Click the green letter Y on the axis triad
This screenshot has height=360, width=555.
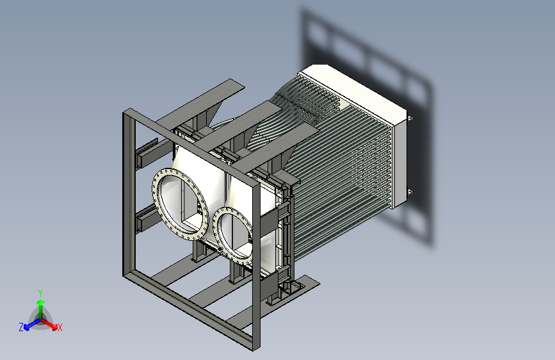(40, 293)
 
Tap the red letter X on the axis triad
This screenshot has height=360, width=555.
(60, 327)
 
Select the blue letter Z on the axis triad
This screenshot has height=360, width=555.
(21, 327)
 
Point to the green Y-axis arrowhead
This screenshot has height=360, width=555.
(41, 302)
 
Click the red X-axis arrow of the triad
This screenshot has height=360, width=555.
(49, 324)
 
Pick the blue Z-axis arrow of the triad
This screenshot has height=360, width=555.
(33, 324)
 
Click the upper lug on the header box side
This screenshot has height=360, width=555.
(410, 119)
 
